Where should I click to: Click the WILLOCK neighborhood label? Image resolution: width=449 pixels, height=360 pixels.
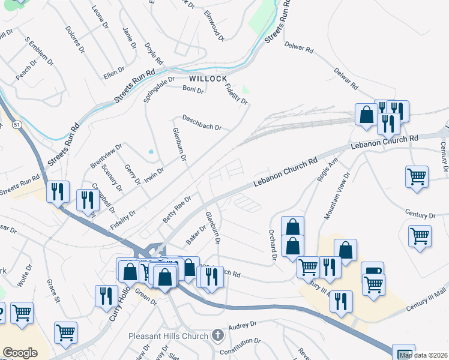[x=208, y=79]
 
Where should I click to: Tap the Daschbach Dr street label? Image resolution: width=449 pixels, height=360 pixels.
[x=202, y=127]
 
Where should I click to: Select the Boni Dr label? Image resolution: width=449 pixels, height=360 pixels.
[x=193, y=90]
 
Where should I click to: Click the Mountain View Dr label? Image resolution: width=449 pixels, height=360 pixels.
[x=337, y=196]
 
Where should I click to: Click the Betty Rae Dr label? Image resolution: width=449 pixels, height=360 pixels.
[x=176, y=210]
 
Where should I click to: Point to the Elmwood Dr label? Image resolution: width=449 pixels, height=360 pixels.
[x=214, y=25]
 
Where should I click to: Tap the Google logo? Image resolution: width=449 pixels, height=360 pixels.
[x=20, y=353]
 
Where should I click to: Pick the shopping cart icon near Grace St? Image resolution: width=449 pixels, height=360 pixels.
[x=65, y=332]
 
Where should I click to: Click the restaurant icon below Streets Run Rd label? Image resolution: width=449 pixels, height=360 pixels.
[x=58, y=191]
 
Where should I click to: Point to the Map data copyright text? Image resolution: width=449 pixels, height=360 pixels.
[x=423, y=355]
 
